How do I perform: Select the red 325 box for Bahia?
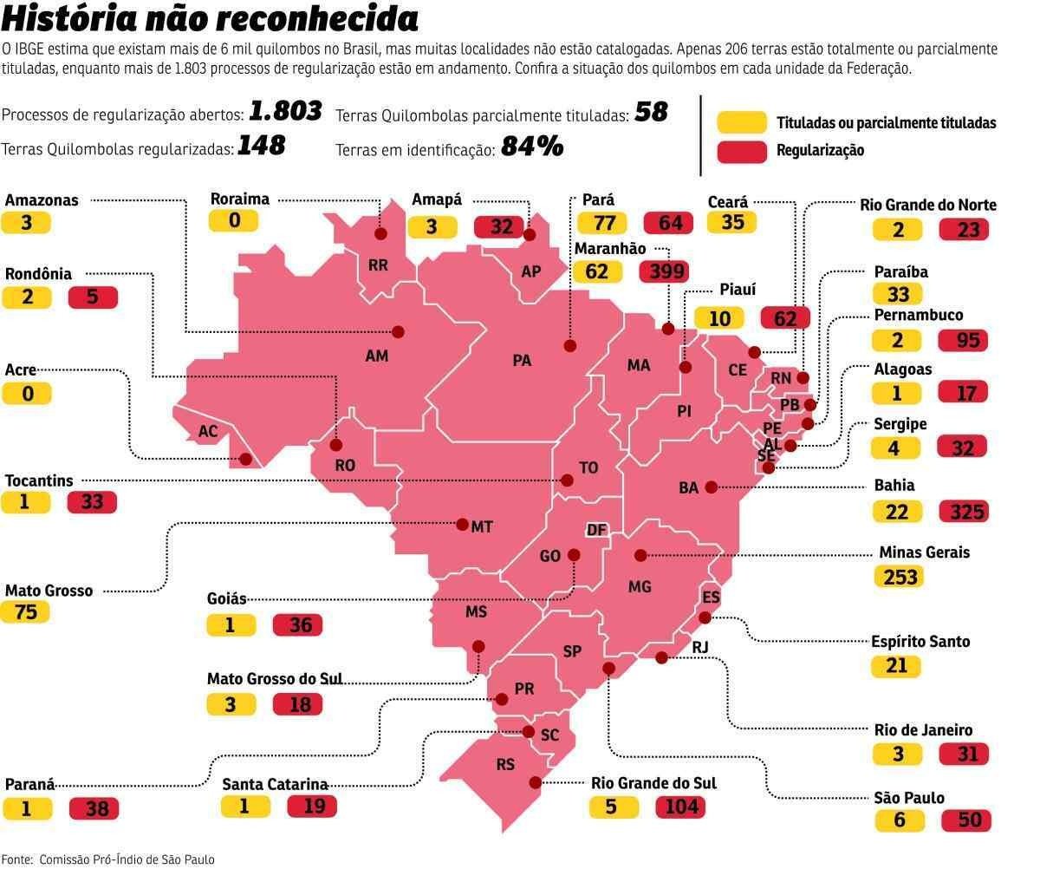click(962, 511)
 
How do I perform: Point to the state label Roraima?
click(240, 199)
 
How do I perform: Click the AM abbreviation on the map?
click(377, 356)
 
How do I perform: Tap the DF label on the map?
click(596, 530)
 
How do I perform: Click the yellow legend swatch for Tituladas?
click(742, 122)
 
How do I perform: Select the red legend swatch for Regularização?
click(742, 150)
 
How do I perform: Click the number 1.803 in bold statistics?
click(285, 110)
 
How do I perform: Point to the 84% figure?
click(531, 147)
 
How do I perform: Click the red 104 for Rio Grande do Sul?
click(680, 807)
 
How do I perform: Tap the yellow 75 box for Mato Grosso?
click(26, 611)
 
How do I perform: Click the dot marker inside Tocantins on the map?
click(567, 480)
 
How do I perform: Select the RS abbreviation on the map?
click(505, 765)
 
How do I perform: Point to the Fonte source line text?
click(107, 859)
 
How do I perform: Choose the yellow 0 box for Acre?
click(27, 394)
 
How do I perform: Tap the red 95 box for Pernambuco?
click(962, 339)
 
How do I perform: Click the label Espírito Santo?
click(920, 642)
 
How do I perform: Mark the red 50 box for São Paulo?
click(962, 820)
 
